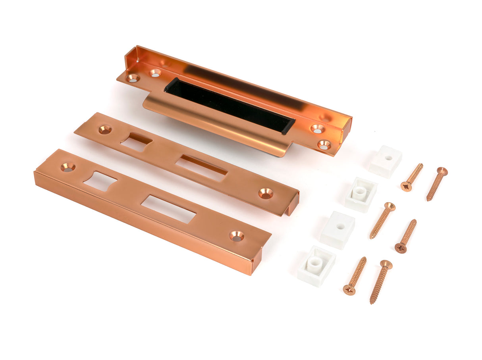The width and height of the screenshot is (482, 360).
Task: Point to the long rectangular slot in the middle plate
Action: [x=201, y=167]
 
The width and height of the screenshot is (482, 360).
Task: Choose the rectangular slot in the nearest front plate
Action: [x=169, y=209]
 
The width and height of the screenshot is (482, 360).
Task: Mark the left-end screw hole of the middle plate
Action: [x=105, y=129]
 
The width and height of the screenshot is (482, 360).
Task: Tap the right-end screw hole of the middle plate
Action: [x=266, y=193]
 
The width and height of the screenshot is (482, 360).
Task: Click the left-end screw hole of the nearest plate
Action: [x=68, y=167]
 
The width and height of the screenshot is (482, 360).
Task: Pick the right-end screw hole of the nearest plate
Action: [x=237, y=236]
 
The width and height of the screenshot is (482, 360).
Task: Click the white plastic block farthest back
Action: [x=385, y=161]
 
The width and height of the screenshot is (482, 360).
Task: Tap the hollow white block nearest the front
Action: [x=316, y=266]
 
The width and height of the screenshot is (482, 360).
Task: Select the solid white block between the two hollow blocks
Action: [x=337, y=230]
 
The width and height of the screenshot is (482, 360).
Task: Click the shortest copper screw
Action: [x=411, y=177]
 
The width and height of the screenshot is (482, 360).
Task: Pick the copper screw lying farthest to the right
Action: [x=437, y=184]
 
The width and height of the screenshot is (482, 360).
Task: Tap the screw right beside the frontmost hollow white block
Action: [x=355, y=275]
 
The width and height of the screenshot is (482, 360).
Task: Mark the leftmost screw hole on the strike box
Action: [x=133, y=78]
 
